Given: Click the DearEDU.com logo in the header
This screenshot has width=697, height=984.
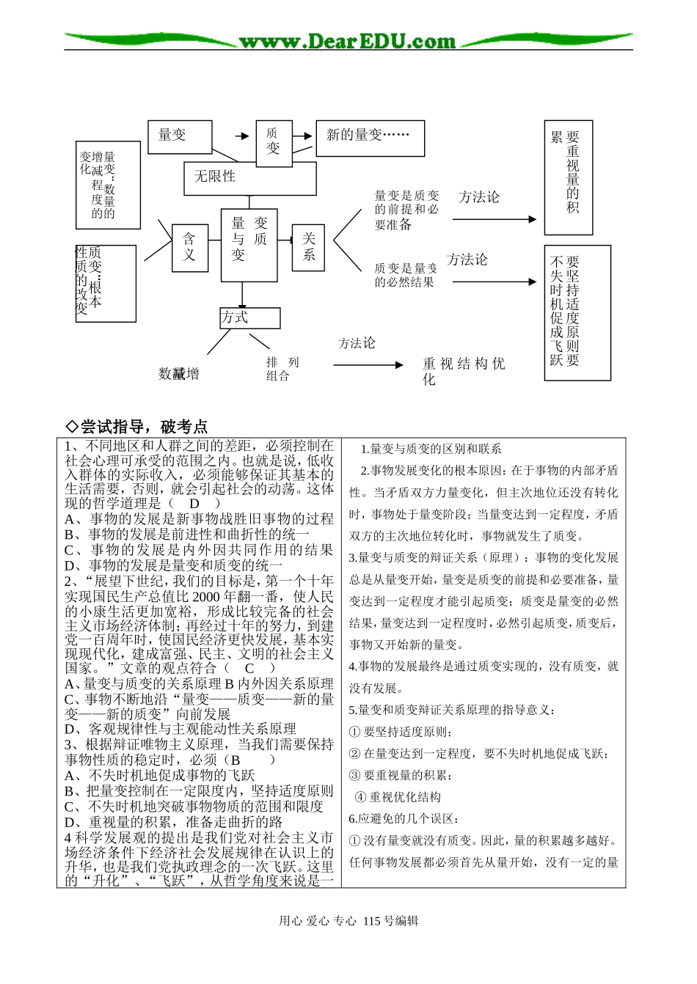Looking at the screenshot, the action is (x=347, y=41).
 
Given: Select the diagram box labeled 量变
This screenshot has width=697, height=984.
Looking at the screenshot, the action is (x=180, y=136).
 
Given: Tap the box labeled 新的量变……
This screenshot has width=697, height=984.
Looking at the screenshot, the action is (x=370, y=138).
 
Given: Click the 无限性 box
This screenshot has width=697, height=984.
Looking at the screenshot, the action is (x=249, y=178).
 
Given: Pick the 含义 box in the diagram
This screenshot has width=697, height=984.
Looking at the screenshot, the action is (x=189, y=247).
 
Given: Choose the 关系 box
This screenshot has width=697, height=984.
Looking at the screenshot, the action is (x=308, y=246).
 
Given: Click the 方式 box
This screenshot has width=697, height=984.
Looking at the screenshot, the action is (x=249, y=317).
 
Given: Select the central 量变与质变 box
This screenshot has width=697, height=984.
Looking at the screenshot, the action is (x=249, y=245).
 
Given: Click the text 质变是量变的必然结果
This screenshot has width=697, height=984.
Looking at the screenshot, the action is (x=405, y=275).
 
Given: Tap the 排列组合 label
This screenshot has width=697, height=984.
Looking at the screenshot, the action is (x=282, y=369).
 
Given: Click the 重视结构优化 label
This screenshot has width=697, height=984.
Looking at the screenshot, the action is (x=463, y=370).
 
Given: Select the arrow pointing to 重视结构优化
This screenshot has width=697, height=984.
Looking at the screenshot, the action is (x=369, y=364).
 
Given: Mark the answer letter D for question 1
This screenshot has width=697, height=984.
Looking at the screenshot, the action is (x=194, y=503).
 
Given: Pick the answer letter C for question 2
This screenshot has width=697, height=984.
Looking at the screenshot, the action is (x=249, y=668).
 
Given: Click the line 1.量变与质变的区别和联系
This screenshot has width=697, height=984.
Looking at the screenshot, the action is (x=431, y=449).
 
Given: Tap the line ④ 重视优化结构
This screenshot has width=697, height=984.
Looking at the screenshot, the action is (x=398, y=797).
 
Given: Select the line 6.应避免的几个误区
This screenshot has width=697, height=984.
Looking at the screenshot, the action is (x=404, y=819).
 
